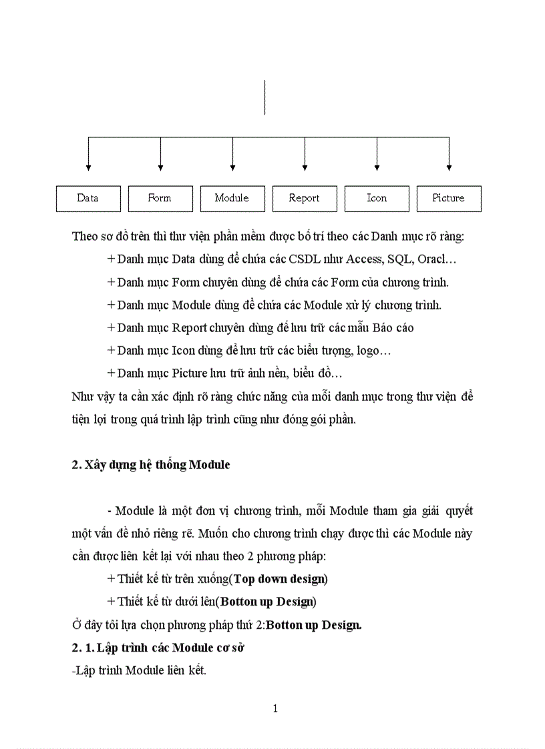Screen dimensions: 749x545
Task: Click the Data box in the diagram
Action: pos(88,198)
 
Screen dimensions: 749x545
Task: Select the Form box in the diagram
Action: pos(160,198)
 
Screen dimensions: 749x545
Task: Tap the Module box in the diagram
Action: pos(232,198)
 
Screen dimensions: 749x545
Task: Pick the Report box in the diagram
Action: pos(305,198)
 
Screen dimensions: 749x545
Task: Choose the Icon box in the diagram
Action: pos(377,198)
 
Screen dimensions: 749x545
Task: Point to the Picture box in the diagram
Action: pos(449,198)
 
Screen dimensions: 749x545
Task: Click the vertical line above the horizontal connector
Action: pos(265,97)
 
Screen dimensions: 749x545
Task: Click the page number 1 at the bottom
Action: pos(275,708)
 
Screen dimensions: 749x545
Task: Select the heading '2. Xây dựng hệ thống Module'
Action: pos(150,465)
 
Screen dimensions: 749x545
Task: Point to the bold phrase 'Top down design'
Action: pos(279,578)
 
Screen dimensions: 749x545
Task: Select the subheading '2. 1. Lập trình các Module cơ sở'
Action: pos(157,648)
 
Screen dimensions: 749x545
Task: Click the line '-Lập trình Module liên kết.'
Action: pos(139,670)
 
